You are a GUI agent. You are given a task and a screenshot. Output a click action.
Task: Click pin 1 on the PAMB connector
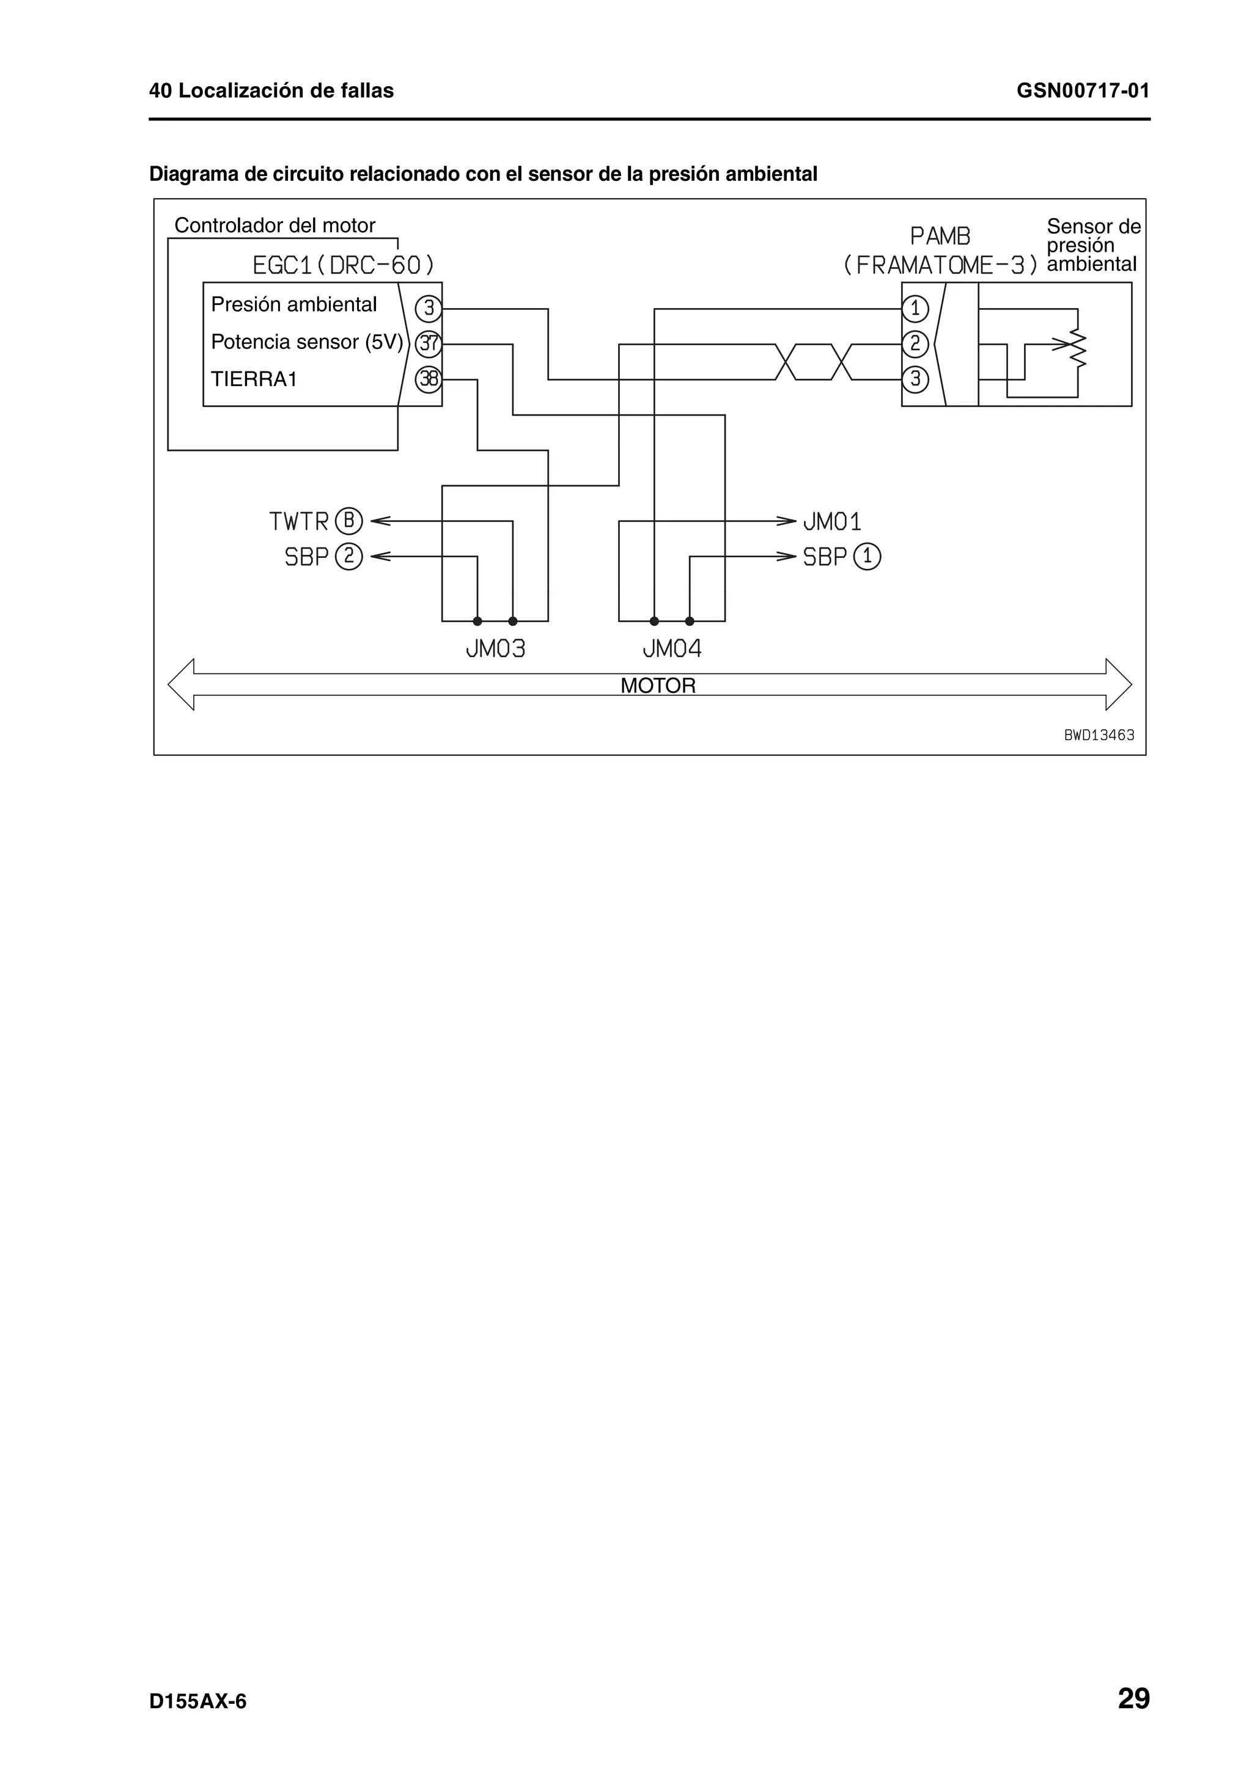(x=915, y=309)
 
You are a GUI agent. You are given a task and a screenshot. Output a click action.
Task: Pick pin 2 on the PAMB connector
(x=915, y=344)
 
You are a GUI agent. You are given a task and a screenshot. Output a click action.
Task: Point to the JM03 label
(x=495, y=649)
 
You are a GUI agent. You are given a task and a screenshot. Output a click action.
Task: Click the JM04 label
(x=672, y=649)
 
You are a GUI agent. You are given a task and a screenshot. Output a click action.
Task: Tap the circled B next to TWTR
(x=348, y=521)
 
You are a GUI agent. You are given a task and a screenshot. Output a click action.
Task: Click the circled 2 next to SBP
(x=348, y=556)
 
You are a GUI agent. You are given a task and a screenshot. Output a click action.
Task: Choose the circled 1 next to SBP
(x=868, y=557)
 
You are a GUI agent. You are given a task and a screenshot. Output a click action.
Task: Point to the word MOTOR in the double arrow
(x=657, y=686)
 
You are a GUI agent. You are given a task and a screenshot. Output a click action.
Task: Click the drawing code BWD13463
(x=1099, y=736)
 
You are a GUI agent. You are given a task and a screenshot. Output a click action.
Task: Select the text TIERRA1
(x=254, y=380)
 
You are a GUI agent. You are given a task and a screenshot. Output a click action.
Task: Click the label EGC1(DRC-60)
(x=344, y=266)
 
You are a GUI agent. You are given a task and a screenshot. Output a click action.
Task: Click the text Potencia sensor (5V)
(x=306, y=342)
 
